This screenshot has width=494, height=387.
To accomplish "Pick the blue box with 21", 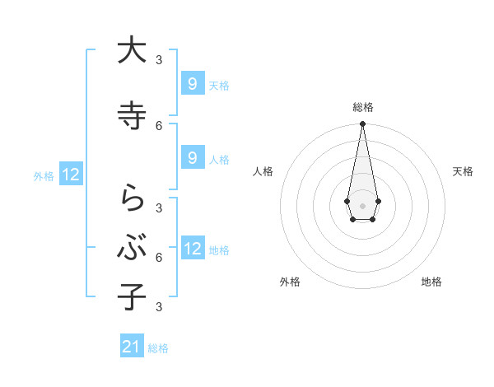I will pyautogui.click(x=132, y=347).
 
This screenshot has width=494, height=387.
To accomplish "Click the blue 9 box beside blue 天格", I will pyautogui.click(x=192, y=84).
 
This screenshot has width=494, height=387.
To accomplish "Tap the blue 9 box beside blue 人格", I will pyautogui.click(x=192, y=158).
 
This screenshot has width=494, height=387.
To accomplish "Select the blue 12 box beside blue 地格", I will pyautogui.click(x=193, y=249).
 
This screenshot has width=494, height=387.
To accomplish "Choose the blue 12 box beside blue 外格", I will pyautogui.click(x=71, y=175).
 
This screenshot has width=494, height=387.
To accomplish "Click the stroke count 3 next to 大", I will pyautogui.click(x=159, y=59).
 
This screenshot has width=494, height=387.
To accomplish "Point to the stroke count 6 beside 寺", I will pyautogui.click(x=159, y=125).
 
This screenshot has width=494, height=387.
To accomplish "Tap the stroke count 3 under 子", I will pyautogui.click(x=159, y=306).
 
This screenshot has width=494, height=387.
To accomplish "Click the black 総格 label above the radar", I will pyautogui.click(x=363, y=107).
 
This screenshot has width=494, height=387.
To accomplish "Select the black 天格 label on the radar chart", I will pyautogui.click(x=463, y=171).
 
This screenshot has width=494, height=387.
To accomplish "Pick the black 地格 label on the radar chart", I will pyautogui.click(x=431, y=282).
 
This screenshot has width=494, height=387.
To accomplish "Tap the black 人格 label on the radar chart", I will pyautogui.click(x=263, y=171).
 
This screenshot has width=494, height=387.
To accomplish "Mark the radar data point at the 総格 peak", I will pyautogui.click(x=362, y=124).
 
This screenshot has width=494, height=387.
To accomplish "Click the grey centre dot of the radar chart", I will pyautogui.click(x=362, y=204).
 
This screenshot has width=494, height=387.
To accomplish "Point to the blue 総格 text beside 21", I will pyautogui.click(x=159, y=348).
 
